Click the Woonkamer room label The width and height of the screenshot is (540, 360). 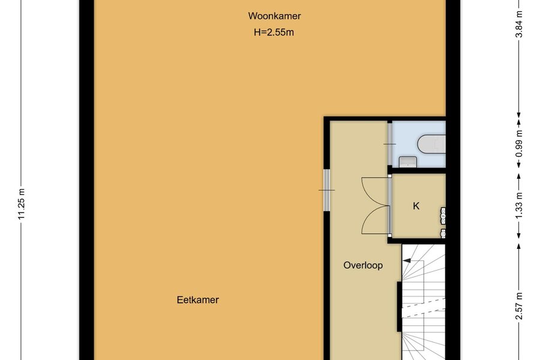274,16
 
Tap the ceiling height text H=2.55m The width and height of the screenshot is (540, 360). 274,32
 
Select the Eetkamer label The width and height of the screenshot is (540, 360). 197,300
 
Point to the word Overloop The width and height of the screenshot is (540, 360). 363,265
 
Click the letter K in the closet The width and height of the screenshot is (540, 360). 416,206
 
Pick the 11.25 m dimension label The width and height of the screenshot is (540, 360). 22,204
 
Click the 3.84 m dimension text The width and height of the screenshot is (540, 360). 520,24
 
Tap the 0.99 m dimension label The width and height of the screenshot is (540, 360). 520,143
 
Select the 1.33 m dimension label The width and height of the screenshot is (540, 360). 520,205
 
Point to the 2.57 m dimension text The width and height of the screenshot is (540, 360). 520,306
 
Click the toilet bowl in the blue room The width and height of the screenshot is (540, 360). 432,144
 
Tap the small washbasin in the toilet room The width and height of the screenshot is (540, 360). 408,162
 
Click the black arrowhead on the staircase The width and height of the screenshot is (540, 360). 407,261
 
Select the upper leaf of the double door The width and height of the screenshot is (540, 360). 375,191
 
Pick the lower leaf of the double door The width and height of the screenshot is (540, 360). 375,220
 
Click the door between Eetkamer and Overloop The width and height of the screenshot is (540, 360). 326,190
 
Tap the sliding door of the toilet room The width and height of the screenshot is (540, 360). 389,144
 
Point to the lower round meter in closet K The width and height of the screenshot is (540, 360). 443,233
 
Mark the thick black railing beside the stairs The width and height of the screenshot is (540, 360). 399,307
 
